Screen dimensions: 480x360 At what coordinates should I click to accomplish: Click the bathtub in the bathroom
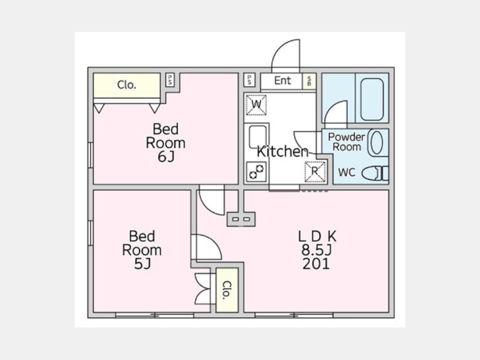click(372, 100)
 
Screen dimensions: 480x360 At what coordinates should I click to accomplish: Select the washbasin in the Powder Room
click(377, 142)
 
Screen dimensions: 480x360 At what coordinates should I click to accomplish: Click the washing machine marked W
click(256, 105)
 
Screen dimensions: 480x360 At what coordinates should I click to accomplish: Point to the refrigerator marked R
click(315, 171)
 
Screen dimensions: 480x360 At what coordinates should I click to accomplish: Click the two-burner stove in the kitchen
click(256, 172)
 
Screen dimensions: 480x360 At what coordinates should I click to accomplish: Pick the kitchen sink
click(257, 137)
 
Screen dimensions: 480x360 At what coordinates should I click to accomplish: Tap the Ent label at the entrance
click(283, 81)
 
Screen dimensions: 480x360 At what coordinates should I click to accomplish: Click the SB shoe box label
click(309, 81)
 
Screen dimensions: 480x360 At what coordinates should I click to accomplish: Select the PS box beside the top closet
click(170, 80)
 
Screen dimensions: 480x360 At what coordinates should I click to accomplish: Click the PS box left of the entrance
click(250, 80)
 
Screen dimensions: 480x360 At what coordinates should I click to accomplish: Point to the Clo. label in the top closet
click(126, 85)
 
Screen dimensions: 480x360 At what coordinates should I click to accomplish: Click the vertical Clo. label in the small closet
click(227, 290)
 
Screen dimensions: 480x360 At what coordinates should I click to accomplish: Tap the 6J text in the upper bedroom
click(166, 157)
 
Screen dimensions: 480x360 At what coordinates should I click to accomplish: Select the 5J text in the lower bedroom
click(142, 264)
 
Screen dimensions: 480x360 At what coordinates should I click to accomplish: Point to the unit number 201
click(316, 264)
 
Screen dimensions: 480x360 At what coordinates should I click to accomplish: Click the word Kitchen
click(282, 151)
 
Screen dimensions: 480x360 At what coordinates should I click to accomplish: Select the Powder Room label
click(347, 142)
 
